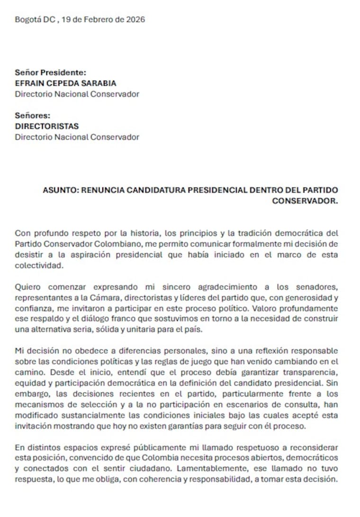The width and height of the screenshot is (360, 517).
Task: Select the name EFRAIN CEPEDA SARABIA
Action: [65, 83]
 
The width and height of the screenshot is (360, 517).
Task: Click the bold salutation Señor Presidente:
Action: [51, 73]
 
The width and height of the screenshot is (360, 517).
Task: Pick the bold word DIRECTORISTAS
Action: [47, 126]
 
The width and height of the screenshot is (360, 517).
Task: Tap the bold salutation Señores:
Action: [33, 116]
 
